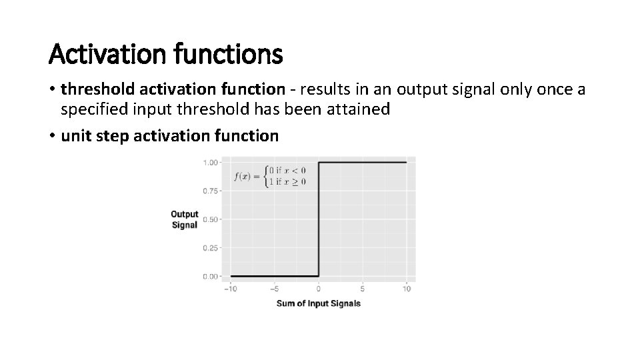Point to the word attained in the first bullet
coord(359,109)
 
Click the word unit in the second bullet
coord(73,136)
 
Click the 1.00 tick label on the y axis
coord(211,162)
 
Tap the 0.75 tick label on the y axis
coord(211,191)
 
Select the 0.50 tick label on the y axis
coord(211,219)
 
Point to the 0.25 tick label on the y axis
coord(211,248)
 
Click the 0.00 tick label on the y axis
coord(211,276)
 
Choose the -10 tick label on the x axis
coord(231,289)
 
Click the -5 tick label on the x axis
coord(274,289)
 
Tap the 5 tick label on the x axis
coord(363,289)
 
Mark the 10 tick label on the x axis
coord(407,289)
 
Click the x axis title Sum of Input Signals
coord(319,303)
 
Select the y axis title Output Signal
coord(184,219)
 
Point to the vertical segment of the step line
coord(319,220)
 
